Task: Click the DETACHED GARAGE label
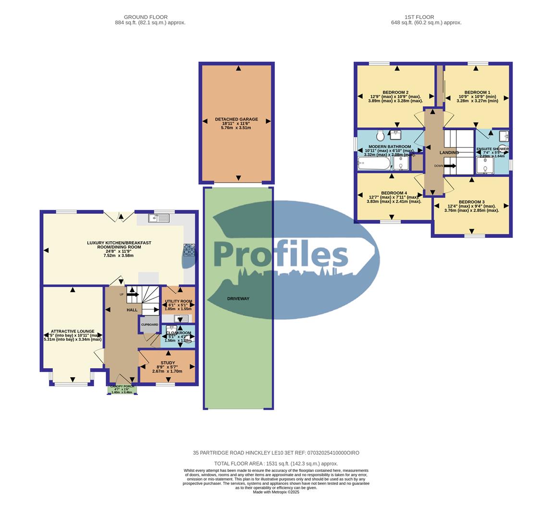click(x=236, y=119)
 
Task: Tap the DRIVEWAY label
click(x=238, y=298)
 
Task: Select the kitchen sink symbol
click(x=159, y=218)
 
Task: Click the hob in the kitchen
click(x=189, y=250)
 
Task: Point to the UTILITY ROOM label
click(x=178, y=301)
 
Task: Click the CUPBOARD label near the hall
click(x=149, y=325)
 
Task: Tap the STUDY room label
click(x=168, y=363)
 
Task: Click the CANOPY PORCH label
click(x=122, y=386)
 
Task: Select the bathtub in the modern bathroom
click(x=374, y=165)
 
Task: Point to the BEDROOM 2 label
click(x=395, y=92)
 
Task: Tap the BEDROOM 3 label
click(x=471, y=202)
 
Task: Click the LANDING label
click(x=449, y=152)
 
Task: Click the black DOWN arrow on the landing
click(x=450, y=166)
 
